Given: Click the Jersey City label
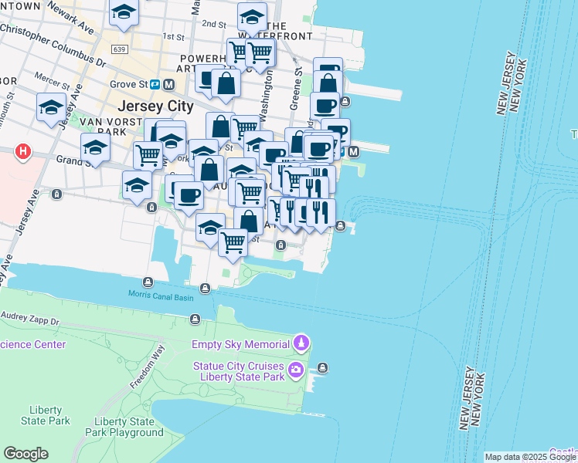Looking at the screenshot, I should pyautogui.click(x=150, y=106).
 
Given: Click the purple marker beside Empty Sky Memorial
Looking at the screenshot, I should pyautogui.click(x=301, y=343).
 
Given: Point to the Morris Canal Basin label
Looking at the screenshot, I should pyautogui.click(x=161, y=294).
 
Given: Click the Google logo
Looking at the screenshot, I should pyautogui.click(x=25, y=454).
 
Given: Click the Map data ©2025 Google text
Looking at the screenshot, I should pyautogui.click(x=529, y=457).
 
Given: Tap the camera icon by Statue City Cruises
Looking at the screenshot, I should pyautogui.click(x=295, y=371).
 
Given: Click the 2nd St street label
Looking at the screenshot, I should pyautogui.click(x=213, y=24).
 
